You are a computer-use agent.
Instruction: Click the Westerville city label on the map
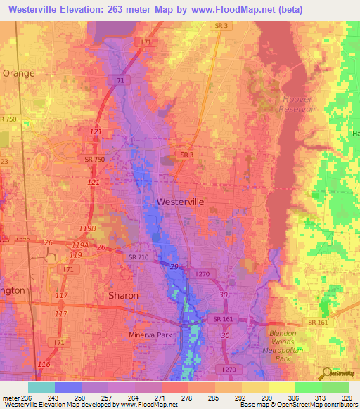[x=180, y=202]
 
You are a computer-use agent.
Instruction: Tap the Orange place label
[x=18, y=72]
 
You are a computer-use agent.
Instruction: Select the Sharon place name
[x=123, y=296]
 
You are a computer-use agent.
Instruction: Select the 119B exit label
[x=88, y=229]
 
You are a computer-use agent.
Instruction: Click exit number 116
[x=44, y=365]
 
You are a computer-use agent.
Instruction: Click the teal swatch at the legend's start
[x=41, y=387]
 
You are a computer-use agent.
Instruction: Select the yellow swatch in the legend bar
[x=281, y=387]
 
